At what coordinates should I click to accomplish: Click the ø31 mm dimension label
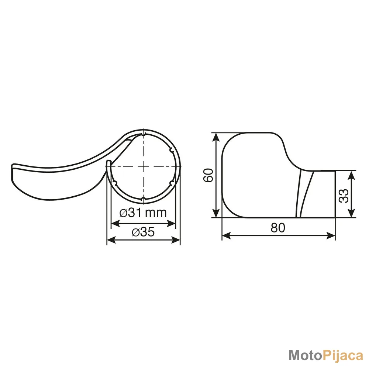[x=143, y=213]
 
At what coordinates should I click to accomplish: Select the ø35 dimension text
[x=143, y=232]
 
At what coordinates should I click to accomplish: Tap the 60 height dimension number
[x=208, y=175]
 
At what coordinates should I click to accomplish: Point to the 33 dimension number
[x=344, y=195]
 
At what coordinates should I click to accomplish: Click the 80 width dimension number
[x=278, y=228]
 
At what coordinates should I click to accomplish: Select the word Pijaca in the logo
[x=342, y=356]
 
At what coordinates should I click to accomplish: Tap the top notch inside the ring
[x=143, y=134]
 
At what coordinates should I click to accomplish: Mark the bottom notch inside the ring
[x=143, y=199]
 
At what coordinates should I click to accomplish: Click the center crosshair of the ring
[x=143, y=166]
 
